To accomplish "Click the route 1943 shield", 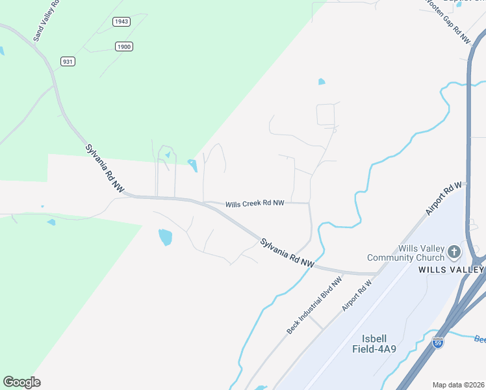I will click(x=121, y=21).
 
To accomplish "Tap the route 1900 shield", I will click(x=123, y=46).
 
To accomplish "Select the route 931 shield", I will click(x=68, y=61).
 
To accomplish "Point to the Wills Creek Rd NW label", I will click(x=255, y=203).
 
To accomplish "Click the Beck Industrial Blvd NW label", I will click(x=314, y=306).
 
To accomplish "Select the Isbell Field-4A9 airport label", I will click(x=383, y=344).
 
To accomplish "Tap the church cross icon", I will click(x=454, y=251).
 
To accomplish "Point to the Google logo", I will click(x=21, y=382).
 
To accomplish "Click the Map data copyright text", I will click(x=459, y=385).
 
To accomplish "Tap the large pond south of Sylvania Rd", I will click(x=165, y=237).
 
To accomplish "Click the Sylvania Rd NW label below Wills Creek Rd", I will click(x=287, y=253).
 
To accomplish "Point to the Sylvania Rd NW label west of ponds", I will click(x=105, y=168).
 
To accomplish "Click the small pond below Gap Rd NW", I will click(x=321, y=82).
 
